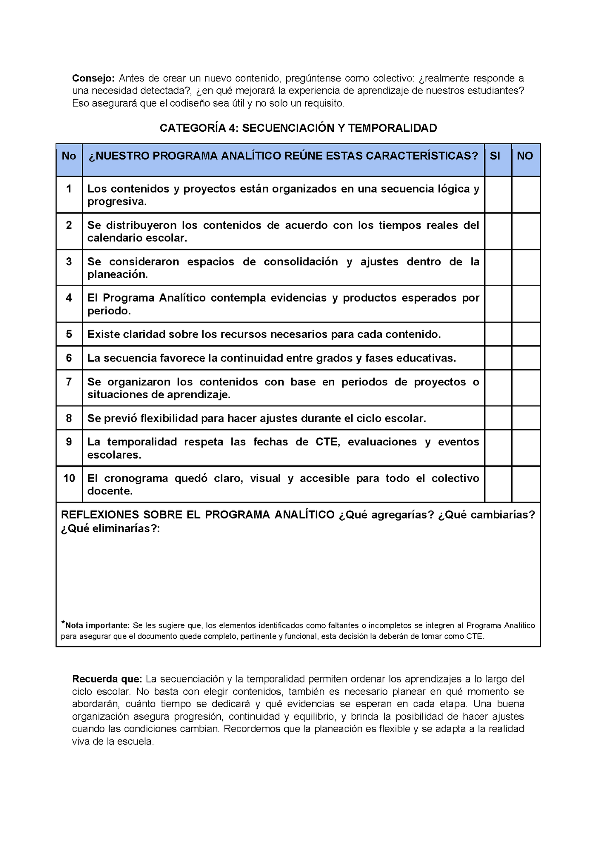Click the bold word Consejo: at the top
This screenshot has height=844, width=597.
93,78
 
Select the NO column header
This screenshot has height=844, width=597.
525,156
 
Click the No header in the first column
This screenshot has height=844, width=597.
69,156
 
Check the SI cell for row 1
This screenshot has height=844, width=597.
498,195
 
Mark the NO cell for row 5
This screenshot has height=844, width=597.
526,334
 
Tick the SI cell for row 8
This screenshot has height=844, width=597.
498,418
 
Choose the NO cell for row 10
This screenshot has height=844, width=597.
526,484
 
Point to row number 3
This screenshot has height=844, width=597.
69,262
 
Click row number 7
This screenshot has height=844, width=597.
69,382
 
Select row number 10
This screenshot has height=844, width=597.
69,478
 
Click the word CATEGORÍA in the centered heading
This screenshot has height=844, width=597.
192,128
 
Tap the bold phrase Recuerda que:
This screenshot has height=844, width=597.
107,679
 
